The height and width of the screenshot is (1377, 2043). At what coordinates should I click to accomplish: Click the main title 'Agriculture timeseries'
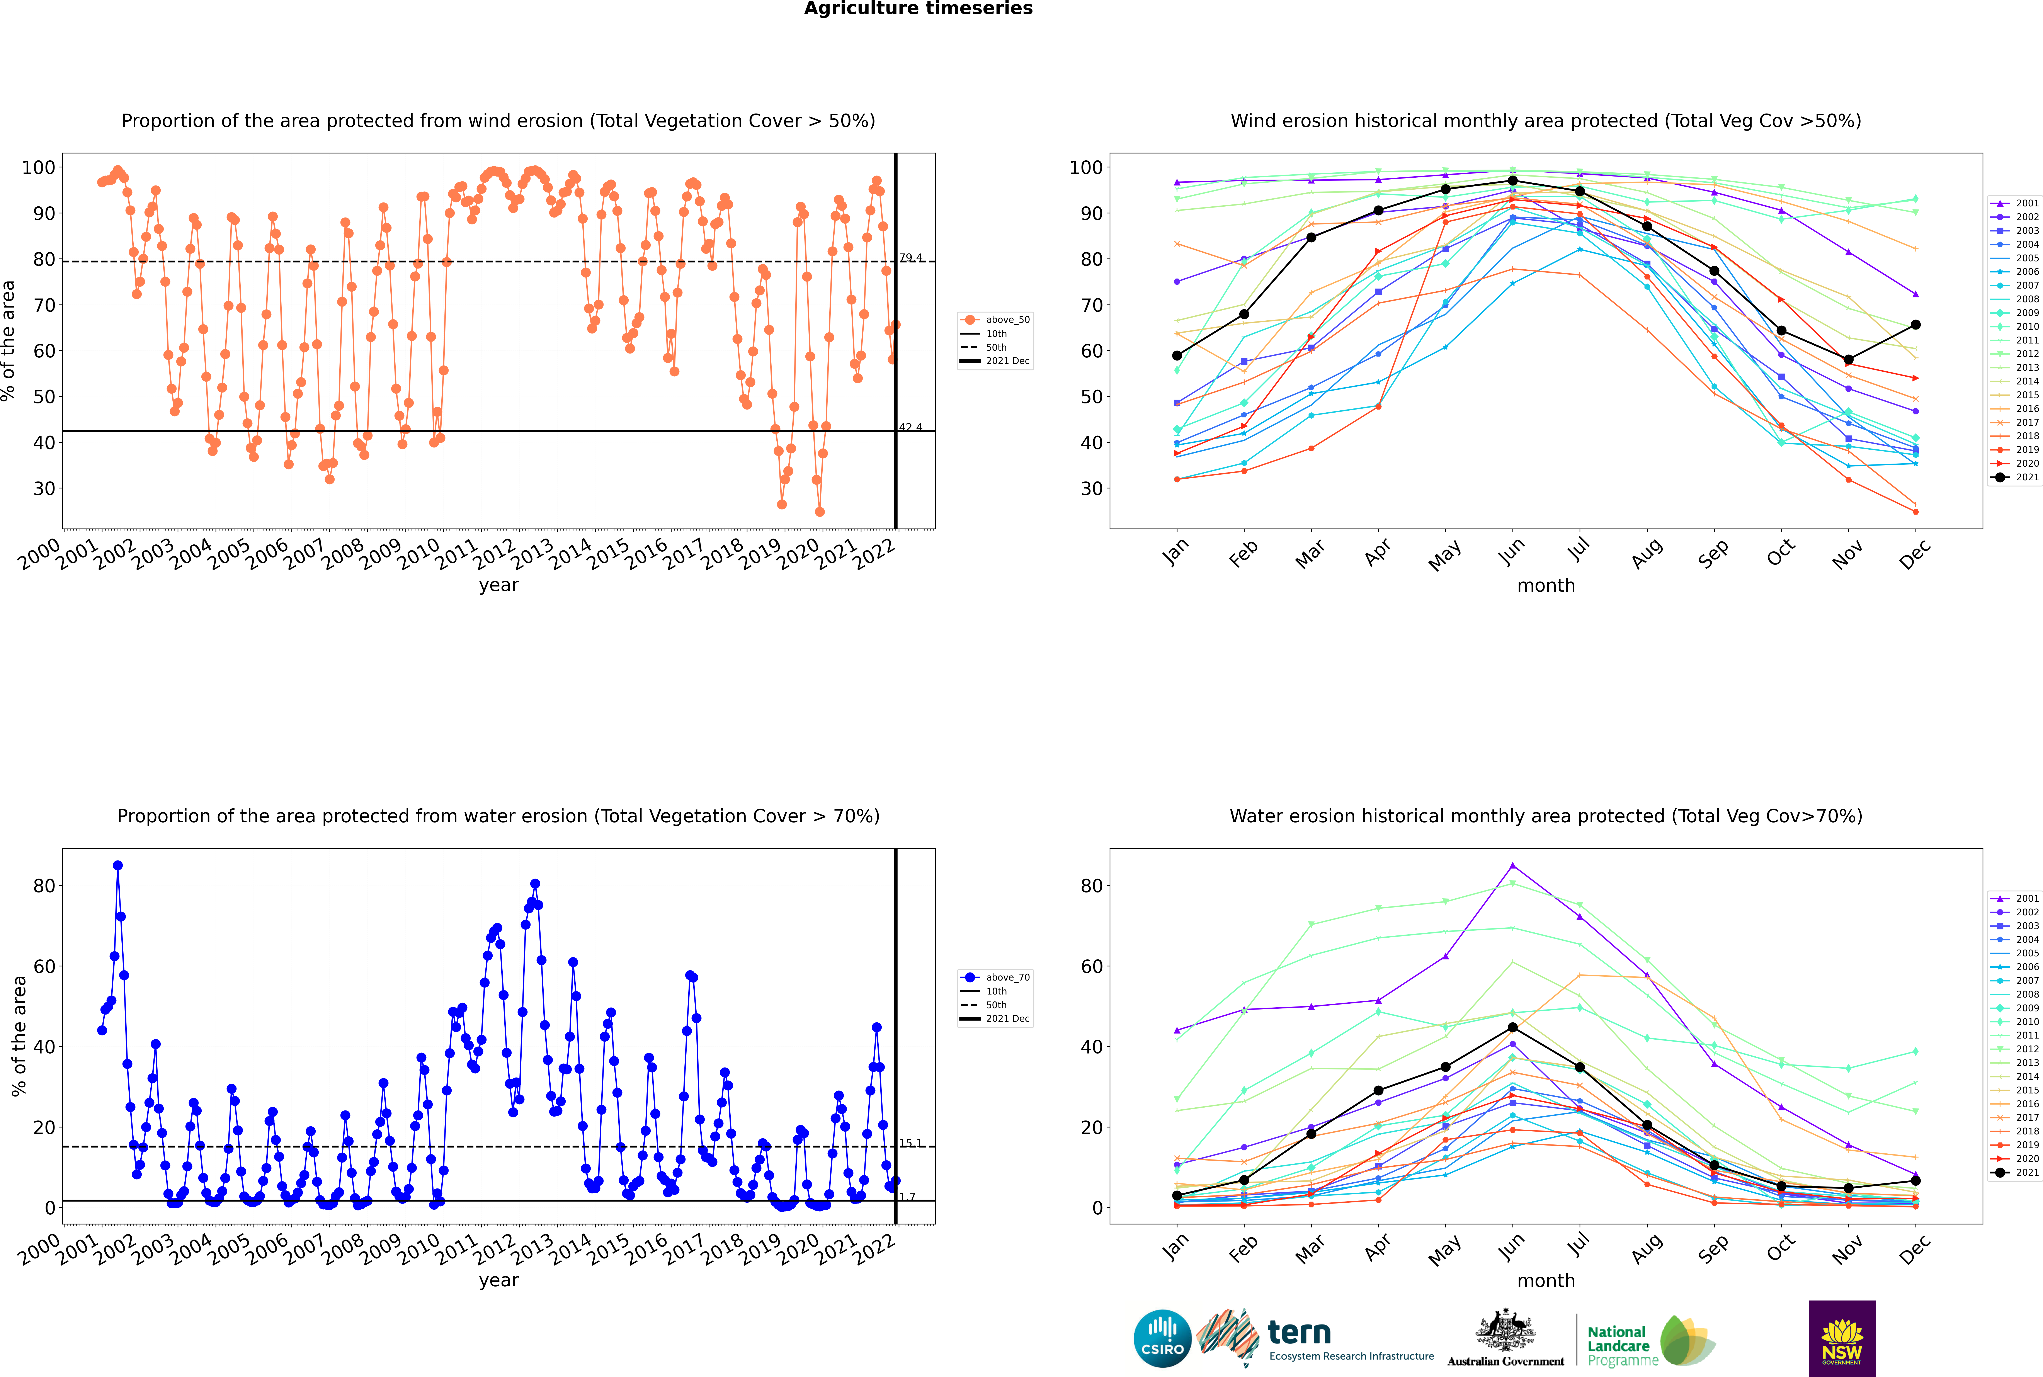click(x=918, y=9)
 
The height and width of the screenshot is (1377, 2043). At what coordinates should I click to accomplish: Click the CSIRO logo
click(x=1162, y=1338)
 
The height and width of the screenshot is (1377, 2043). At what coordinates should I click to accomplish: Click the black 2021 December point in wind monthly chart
click(x=1916, y=325)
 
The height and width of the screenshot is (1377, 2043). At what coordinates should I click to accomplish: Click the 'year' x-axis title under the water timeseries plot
click(x=498, y=1280)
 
